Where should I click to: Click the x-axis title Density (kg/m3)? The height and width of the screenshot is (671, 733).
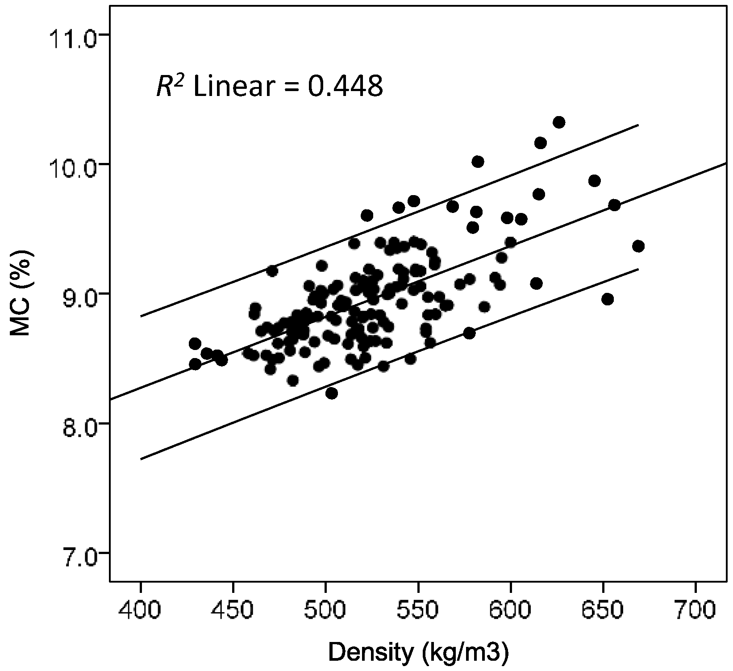[418, 653]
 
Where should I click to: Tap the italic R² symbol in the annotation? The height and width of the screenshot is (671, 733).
[167, 86]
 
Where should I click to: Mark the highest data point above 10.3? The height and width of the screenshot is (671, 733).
[559, 122]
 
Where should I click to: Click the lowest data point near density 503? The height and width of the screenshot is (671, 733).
[331, 393]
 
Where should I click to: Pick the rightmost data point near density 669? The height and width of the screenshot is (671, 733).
[638, 246]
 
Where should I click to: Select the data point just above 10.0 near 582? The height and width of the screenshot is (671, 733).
[478, 162]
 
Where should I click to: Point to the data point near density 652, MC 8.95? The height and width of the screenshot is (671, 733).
[607, 299]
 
